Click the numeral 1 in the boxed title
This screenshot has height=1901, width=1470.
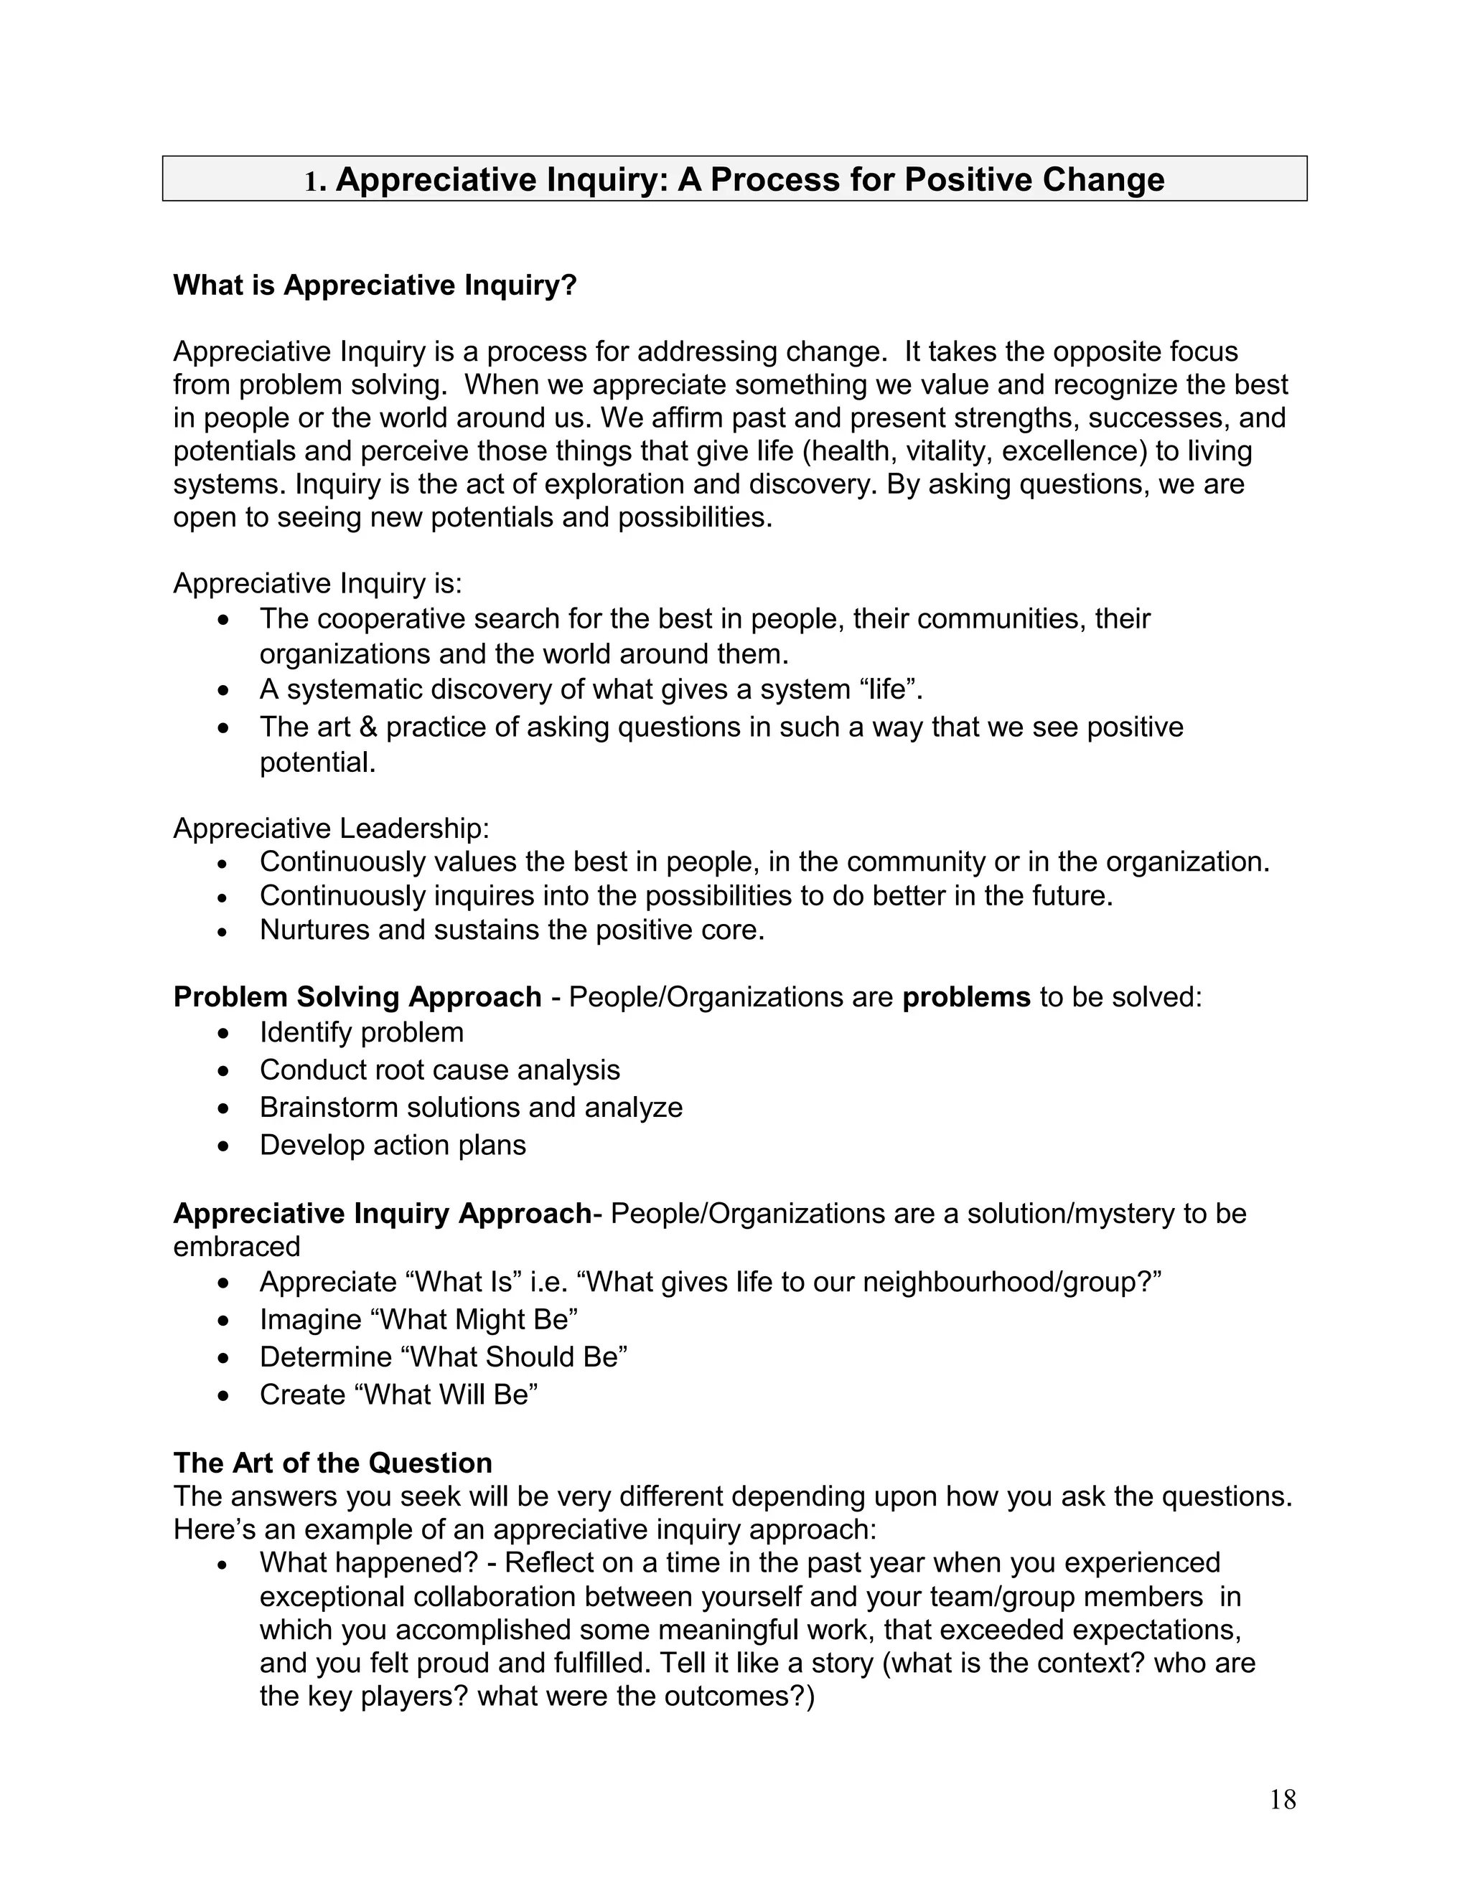click(310, 181)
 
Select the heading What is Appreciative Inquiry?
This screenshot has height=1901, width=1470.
click(375, 286)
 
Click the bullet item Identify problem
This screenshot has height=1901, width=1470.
click(362, 1033)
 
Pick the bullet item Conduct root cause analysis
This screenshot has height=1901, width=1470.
click(440, 1070)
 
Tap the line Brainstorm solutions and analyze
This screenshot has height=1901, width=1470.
click(471, 1108)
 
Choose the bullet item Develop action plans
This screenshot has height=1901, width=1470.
click(393, 1146)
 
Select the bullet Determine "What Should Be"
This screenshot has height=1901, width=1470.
click(444, 1358)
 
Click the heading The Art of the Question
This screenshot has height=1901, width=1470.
click(332, 1463)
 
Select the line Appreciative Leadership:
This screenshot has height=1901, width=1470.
click(332, 829)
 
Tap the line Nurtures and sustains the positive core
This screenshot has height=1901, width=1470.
click(512, 930)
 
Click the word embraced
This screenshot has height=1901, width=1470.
click(237, 1247)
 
